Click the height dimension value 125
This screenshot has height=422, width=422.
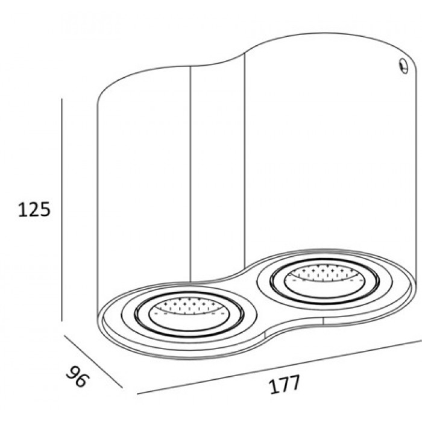coord(31,209)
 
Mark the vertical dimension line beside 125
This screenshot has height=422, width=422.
coord(63,217)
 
